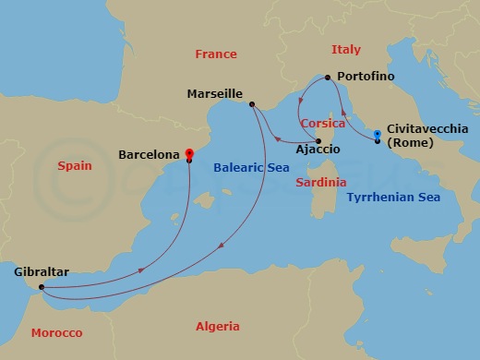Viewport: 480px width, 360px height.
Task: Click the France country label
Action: (216, 54)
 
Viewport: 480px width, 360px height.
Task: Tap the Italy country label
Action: (345, 49)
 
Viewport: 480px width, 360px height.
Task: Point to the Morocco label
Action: (57, 332)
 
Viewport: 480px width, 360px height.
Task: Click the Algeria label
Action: (218, 326)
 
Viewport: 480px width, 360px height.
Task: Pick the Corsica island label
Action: (322, 124)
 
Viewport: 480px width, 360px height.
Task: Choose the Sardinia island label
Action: (321, 183)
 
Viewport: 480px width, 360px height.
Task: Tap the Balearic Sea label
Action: (251, 168)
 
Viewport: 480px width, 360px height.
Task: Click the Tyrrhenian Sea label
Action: (393, 197)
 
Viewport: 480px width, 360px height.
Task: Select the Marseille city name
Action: (214, 94)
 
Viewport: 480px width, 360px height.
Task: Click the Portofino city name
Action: (367, 75)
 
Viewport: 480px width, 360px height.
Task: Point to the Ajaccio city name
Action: (316, 148)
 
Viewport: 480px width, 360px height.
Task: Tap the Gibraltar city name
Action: (42, 272)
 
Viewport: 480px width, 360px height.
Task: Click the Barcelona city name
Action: (148, 156)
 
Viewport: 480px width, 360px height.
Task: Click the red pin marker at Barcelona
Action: (188, 153)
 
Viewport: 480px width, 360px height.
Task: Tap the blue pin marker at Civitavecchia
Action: (378, 136)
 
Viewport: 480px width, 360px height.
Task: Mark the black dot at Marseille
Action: (252, 104)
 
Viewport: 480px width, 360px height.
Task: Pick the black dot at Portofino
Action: (326, 78)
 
